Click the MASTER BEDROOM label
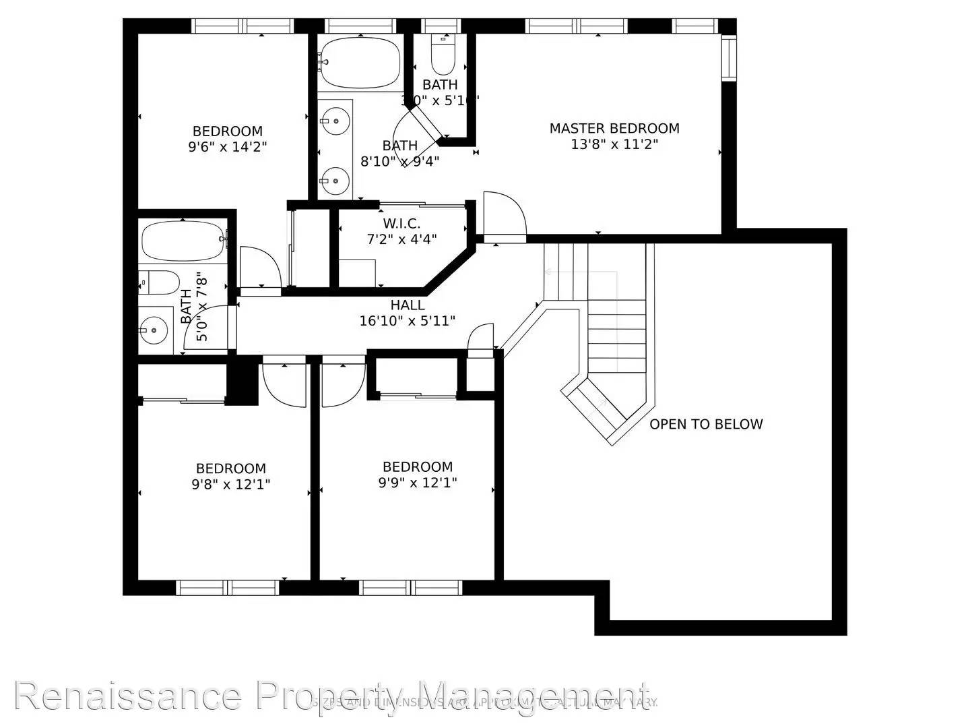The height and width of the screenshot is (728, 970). tap(614, 128)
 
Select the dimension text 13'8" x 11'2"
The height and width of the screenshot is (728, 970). tap(614, 144)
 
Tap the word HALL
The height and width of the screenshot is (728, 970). tap(408, 305)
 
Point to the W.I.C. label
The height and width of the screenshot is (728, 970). tap(401, 223)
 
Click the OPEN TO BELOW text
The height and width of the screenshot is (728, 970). tap(706, 424)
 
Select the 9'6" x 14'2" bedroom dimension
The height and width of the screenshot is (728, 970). tap(228, 147)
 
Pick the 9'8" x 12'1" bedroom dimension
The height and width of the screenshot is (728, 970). tap(230, 484)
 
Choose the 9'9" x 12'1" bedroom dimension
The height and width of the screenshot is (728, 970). tap(418, 483)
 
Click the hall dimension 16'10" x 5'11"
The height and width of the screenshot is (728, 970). tap(408, 321)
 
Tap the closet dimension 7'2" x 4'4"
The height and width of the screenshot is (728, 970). tap(401, 239)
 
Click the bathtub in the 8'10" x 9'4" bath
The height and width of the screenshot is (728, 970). tap(360, 62)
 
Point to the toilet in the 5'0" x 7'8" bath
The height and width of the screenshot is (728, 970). tap(160, 283)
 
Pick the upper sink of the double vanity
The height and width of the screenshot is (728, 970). tap(334, 122)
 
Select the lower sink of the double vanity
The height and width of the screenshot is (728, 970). tap(334, 180)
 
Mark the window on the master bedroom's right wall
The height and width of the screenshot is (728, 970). tap(728, 58)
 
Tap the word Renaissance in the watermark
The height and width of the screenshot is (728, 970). tap(128, 696)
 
